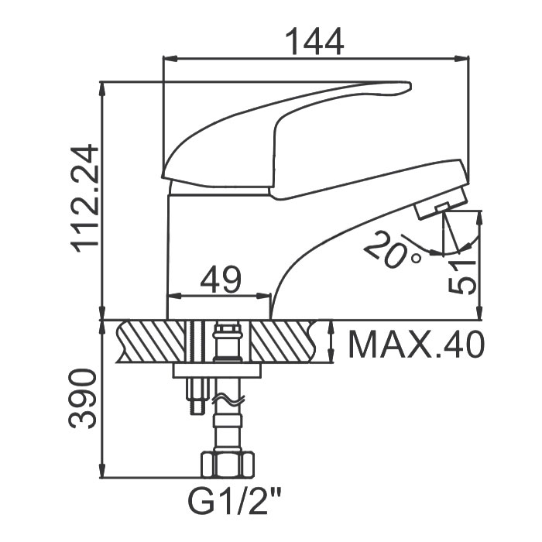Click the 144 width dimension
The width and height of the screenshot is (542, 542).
[x=316, y=42]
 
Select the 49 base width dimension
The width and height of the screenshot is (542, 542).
[x=220, y=279]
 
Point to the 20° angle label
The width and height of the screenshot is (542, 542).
[x=393, y=249]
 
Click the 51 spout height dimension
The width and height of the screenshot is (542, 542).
[x=462, y=277]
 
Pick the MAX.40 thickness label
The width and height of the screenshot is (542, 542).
[x=417, y=345]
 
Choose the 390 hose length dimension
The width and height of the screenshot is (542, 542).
[x=82, y=399]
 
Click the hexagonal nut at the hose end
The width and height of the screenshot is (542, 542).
[x=228, y=465]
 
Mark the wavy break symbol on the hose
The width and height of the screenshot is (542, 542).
[x=228, y=400]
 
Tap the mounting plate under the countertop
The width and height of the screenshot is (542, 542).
[x=217, y=370]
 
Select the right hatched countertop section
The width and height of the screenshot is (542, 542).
[x=284, y=341]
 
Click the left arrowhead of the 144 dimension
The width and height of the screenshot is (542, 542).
[x=170, y=59]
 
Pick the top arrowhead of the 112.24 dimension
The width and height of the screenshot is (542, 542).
[x=102, y=89]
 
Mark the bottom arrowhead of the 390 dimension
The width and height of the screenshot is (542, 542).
[x=102, y=471]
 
